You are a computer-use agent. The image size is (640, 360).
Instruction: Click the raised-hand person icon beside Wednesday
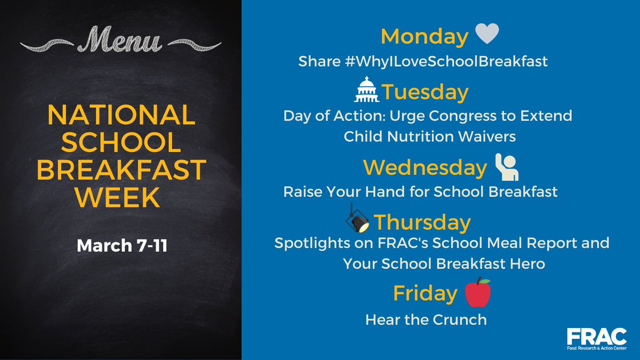click(x=506, y=167)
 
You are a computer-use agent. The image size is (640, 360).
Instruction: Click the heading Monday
click(x=424, y=37)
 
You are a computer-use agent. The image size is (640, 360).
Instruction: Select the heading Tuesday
click(x=425, y=92)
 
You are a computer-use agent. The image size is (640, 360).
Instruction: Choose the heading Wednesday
click(x=425, y=168)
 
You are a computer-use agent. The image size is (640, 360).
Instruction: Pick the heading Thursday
click(x=422, y=222)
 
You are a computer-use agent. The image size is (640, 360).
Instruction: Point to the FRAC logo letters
click(x=596, y=338)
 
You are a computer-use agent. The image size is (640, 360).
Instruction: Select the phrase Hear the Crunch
click(x=426, y=319)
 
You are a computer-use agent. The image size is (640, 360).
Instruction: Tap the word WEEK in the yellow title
click(x=117, y=198)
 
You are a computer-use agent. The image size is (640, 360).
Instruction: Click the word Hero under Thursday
click(x=528, y=263)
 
